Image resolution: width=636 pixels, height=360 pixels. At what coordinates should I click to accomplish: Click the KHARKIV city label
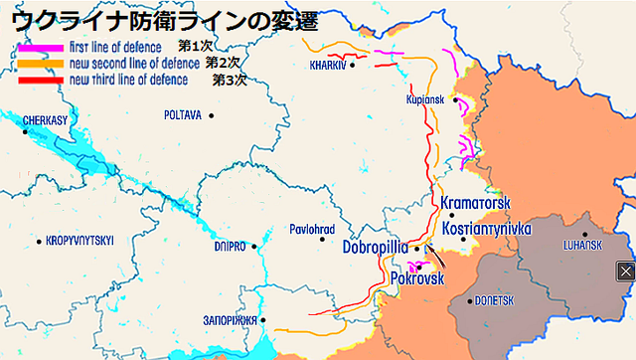point(327,66)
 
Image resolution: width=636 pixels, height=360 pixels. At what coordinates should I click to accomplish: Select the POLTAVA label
point(183,115)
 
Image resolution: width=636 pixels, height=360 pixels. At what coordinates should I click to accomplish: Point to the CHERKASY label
point(44,118)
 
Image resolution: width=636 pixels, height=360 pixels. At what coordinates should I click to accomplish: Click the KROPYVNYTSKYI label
point(80,241)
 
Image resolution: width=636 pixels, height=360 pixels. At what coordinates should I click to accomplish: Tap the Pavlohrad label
point(311,228)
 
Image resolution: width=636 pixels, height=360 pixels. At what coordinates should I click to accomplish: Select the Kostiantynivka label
point(487,228)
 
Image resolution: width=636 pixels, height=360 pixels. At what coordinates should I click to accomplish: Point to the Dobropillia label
point(375,246)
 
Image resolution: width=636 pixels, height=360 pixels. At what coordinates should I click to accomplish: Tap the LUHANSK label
point(582,245)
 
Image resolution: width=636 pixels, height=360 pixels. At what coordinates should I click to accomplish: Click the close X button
point(625,270)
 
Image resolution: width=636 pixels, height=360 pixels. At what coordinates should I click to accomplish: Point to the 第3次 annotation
point(229,80)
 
